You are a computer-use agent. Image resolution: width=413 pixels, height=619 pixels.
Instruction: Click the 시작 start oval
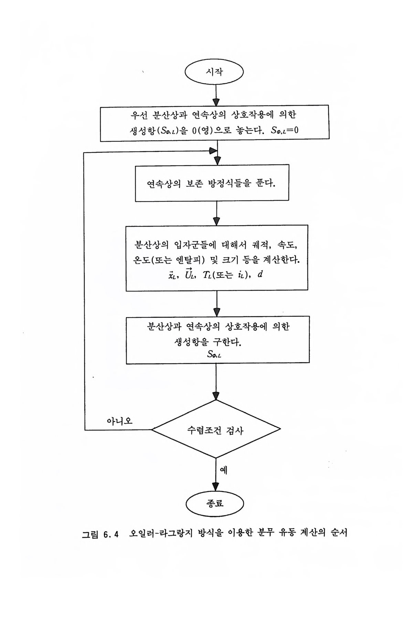tap(214, 72)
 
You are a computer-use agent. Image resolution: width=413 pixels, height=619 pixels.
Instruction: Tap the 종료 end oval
tap(215, 504)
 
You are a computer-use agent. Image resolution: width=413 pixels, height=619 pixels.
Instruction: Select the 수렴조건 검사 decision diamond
tap(216, 430)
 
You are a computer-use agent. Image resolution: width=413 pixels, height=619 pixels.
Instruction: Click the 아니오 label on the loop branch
tap(119, 421)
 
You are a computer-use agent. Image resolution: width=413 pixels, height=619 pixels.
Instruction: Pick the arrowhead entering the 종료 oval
tap(216, 486)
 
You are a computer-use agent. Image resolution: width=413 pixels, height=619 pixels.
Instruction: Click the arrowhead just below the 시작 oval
tap(216, 102)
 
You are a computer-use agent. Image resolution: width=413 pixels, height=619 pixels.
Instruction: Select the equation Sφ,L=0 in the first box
tap(285, 130)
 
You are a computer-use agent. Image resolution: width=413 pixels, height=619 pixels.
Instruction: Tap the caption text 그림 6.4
tap(100, 534)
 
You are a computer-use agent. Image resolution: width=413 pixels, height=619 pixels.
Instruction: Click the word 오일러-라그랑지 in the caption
tap(161, 534)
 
